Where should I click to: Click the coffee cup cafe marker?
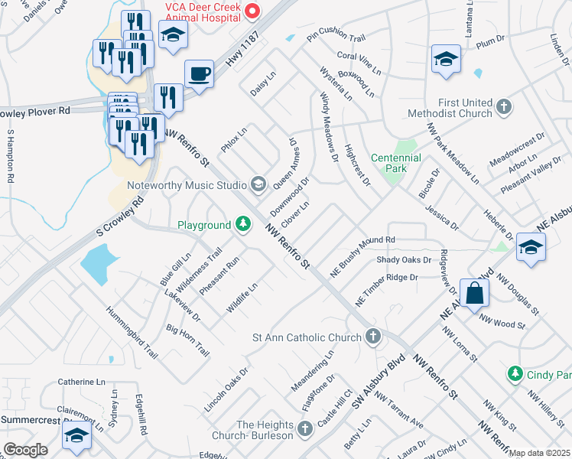point(199,75)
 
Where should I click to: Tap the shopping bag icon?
point(474,292)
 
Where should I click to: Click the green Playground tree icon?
point(243,225)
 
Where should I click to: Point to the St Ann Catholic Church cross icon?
point(372,337)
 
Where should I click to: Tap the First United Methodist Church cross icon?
point(503,108)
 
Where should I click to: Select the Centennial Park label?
point(395,163)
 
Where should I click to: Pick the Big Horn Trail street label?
point(188,340)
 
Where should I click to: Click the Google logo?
point(25,450)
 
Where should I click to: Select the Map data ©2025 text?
point(540,453)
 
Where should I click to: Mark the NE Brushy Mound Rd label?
point(362,255)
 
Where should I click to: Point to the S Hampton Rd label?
point(11,156)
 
